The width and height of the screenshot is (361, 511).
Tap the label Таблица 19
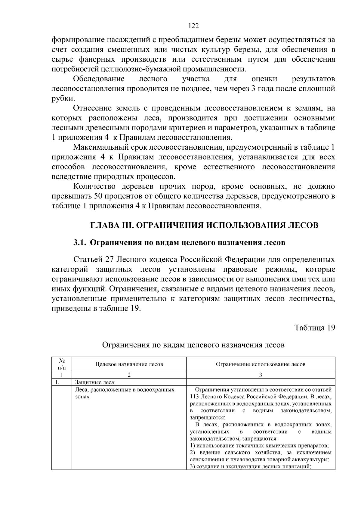pos(315,328)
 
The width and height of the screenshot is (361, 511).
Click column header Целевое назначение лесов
pos(129,364)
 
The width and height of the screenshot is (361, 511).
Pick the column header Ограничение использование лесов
pos(261,364)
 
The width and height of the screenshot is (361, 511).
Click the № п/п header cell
pos(61,364)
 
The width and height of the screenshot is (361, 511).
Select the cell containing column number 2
pos(129,375)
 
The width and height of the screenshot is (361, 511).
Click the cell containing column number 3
pos(261,375)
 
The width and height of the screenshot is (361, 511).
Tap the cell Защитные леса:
pos(95,382)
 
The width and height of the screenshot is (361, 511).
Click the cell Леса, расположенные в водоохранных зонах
pos(125,393)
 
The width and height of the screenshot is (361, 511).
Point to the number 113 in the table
pos(195,397)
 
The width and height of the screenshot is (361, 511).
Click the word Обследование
pos(99,79)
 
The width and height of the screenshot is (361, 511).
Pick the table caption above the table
pos(193,345)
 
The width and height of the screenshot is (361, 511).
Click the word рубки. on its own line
pos(63,98)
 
